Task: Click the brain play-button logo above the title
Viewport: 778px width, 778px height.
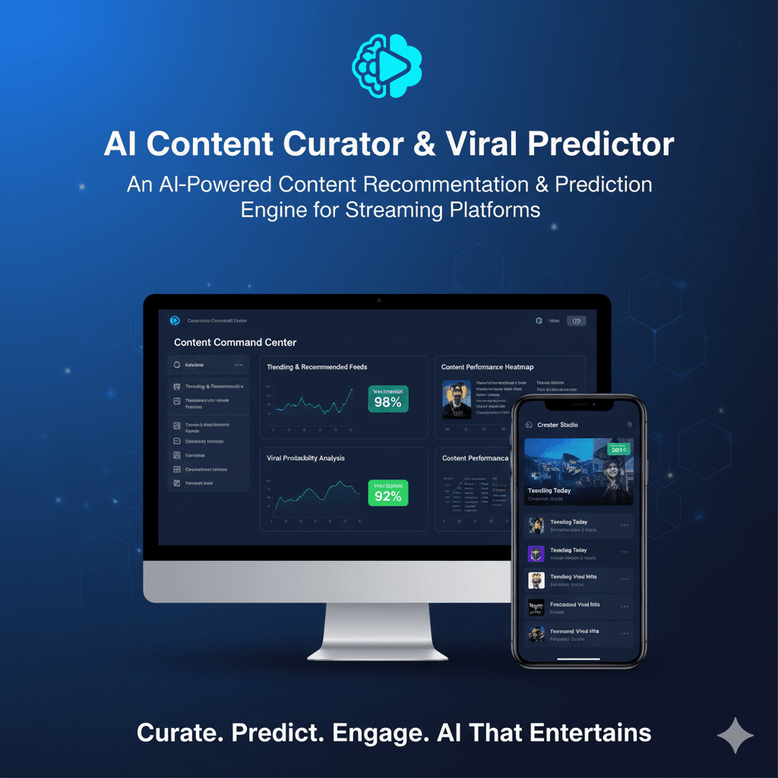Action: pyautogui.click(x=387, y=67)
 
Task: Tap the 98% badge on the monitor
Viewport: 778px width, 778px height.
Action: pyautogui.click(x=387, y=399)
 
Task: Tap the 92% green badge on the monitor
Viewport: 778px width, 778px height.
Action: pyautogui.click(x=387, y=493)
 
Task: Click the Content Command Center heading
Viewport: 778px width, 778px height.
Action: pyautogui.click(x=235, y=343)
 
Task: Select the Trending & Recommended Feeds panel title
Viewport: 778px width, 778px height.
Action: pyautogui.click(x=317, y=367)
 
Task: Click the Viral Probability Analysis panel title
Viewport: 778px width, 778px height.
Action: pyautogui.click(x=305, y=458)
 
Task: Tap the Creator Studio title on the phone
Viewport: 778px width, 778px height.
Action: pyautogui.click(x=558, y=425)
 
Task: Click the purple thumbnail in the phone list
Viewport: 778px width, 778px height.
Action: pyautogui.click(x=536, y=553)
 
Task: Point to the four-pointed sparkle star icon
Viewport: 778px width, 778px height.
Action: pyautogui.click(x=735, y=735)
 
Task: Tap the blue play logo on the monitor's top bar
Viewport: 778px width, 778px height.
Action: pyautogui.click(x=175, y=321)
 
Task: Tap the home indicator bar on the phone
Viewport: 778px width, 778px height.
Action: pyautogui.click(x=578, y=659)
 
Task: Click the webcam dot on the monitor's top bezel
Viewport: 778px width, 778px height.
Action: pyautogui.click(x=378, y=301)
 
